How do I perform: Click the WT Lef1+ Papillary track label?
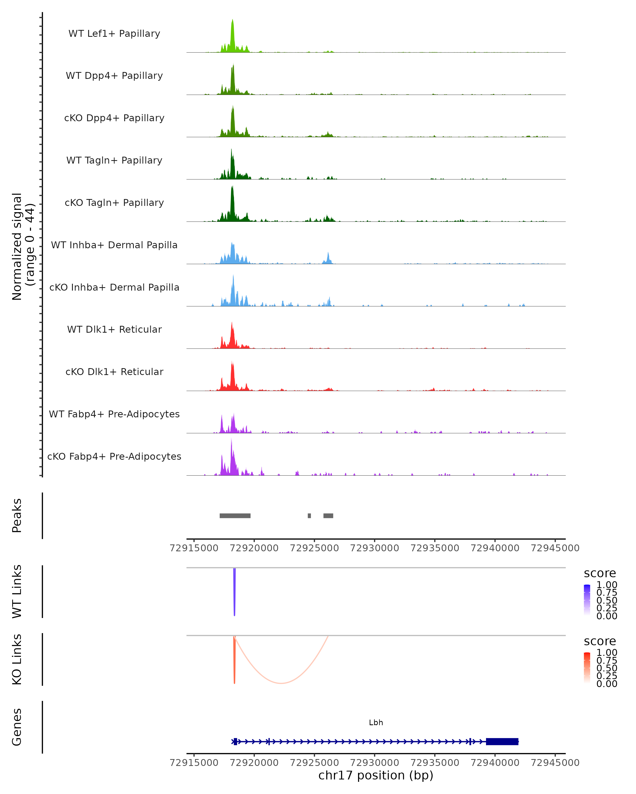click(114, 34)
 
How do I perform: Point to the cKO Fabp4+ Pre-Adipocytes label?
click(114, 456)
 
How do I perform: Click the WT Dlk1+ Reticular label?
click(114, 329)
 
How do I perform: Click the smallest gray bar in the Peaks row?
click(309, 516)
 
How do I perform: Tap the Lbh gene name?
click(376, 723)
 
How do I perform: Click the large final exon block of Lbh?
click(502, 741)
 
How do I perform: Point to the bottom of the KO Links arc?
click(281, 683)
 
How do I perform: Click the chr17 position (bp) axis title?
click(376, 775)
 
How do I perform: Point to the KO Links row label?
click(17, 659)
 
